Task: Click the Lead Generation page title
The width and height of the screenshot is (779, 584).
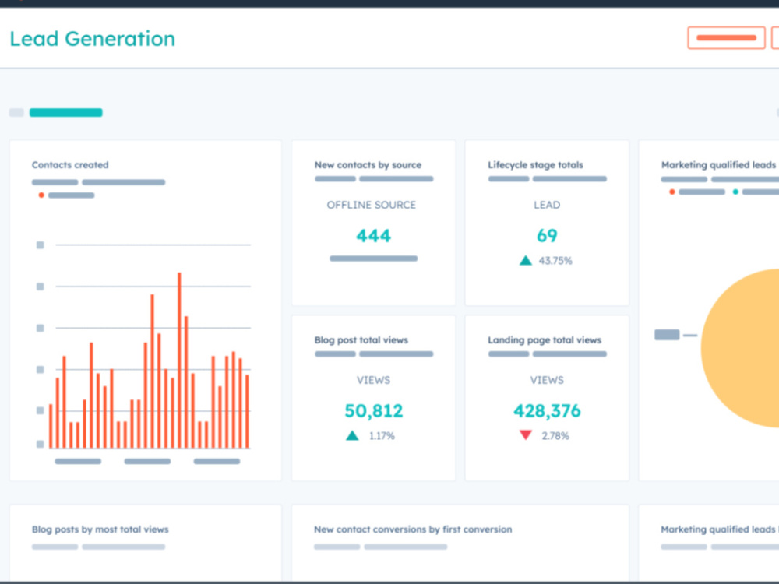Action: click(93, 39)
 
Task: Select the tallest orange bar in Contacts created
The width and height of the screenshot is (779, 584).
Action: click(179, 360)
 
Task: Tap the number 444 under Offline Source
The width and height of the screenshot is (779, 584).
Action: click(374, 235)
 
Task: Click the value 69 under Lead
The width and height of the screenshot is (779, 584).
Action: click(547, 235)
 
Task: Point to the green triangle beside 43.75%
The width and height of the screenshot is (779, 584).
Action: click(526, 261)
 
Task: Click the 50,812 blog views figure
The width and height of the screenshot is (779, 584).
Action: click(374, 410)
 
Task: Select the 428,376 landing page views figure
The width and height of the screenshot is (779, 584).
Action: click(547, 410)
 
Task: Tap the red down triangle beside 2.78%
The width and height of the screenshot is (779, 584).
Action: click(526, 435)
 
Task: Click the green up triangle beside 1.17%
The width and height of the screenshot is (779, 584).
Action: click(352, 435)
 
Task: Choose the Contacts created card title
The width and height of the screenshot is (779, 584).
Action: click(70, 165)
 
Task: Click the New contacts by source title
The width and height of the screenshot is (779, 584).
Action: click(368, 165)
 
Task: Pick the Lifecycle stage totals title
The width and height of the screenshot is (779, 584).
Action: click(536, 165)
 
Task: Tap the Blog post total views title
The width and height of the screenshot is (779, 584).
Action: click(361, 340)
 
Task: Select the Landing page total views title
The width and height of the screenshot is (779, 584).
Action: click(545, 340)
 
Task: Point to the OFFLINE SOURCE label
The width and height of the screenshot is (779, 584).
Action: click(371, 205)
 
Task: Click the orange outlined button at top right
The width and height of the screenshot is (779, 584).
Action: click(726, 37)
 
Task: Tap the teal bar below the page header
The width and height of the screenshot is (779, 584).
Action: click(66, 113)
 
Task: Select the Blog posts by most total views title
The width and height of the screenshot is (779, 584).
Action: click(100, 529)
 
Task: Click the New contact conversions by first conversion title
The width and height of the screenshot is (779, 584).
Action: click(413, 529)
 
